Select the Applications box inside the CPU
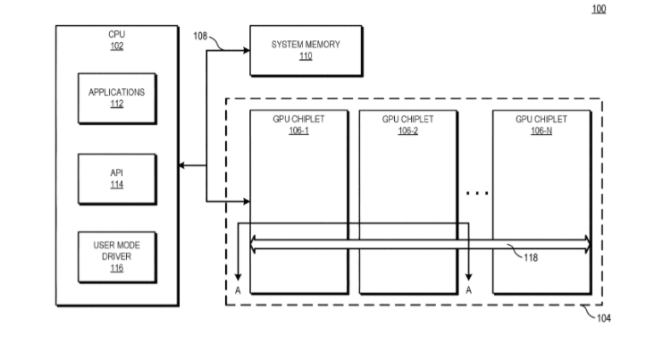pyautogui.click(x=116, y=97)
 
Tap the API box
pyautogui.click(x=116, y=178)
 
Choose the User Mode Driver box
pyautogui.click(x=116, y=254)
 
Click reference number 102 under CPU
pyautogui.click(x=117, y=46)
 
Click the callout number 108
pyautogui.click(x=199, y=37)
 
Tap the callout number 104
pyautogui.click(x=605, y=318)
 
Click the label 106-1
pyautogui.click(x=298, y=130)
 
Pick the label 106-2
pyautogui.click(x=407, y=130)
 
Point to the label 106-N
pyautogui.click(x=541, y=130)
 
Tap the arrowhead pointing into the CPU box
pyautogui.click(x=182, y=165)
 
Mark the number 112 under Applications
pyautogui.click(x=116, y=104)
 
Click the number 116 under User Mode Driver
pyautogui.click(x=116, y=267)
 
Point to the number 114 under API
pyautogui.click(x=116, y=185)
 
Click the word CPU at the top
pyautogui.click(x=117, y=34)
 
